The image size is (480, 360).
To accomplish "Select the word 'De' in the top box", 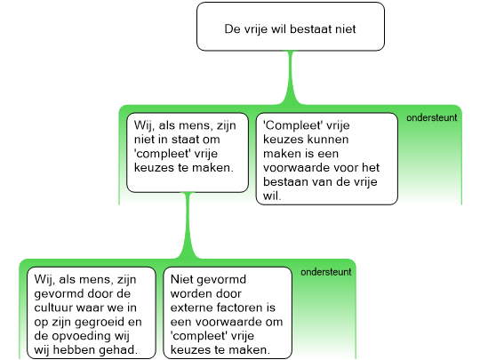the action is (x=232, y=29).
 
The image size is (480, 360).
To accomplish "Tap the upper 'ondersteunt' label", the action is (x=432, y=117).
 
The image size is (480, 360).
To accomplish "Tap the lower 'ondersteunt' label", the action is (x=326, y=272).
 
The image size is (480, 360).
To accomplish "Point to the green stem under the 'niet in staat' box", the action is (x=188, y=226).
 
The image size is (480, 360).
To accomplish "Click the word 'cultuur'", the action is (x=53, y=308).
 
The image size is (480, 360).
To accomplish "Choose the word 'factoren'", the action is (x=237, y=308).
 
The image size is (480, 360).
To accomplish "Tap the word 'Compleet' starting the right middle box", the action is (x=292, y=125).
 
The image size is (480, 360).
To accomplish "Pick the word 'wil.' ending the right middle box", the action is (x=272, y=196).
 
